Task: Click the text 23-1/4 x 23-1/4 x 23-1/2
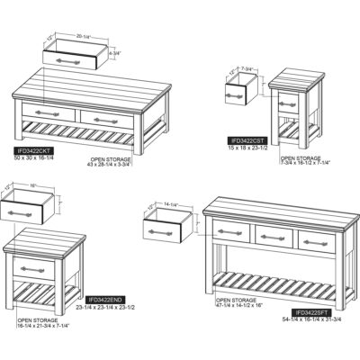pyautogui.click(x=111, y=308)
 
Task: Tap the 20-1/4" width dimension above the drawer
pyautogui.click(x=86, y=36)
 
